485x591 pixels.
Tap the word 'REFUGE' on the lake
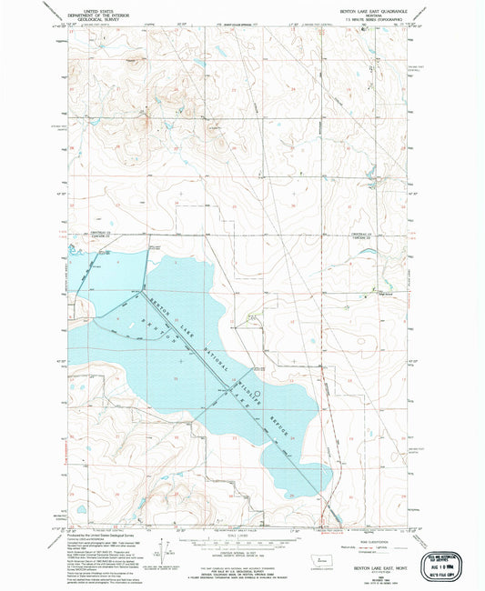(x=280, y=428)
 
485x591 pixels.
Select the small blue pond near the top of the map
(x=193, y=64)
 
